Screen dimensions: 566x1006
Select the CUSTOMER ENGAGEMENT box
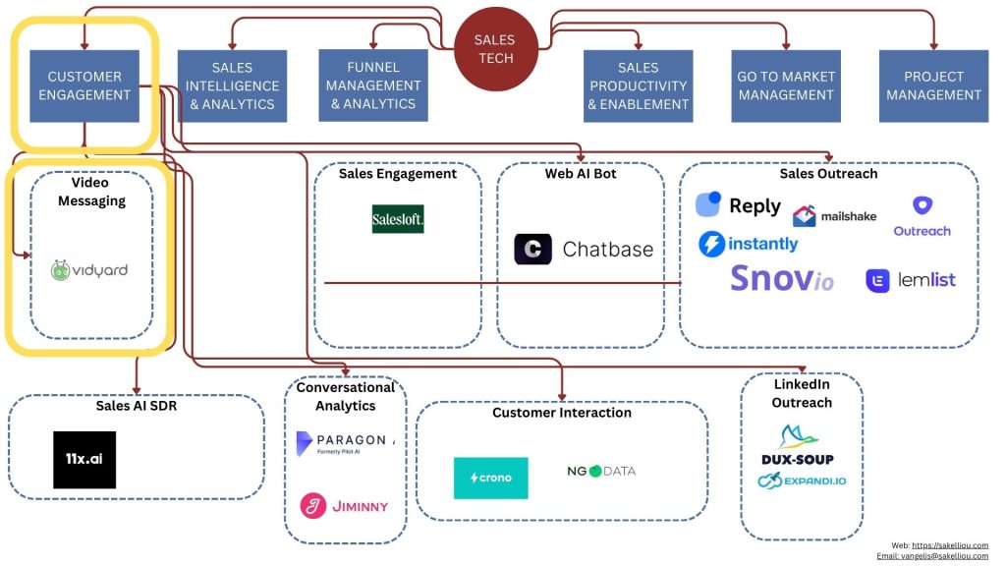(x=84, y=86)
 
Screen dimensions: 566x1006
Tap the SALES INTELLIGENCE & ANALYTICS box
(x=232, y=86)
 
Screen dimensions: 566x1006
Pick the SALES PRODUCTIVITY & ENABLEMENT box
(x=638, y=86)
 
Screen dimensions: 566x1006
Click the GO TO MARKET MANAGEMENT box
(x=786, y=86)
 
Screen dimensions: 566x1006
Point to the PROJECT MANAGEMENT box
(x=933, y=86)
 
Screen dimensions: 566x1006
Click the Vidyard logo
(x=89, y=270)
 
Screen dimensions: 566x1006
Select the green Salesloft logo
(x=398, y=218)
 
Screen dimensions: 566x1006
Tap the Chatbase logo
(x=584, y=250)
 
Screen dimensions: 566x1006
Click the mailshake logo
(x=834, y=216)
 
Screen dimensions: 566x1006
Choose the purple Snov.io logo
(x=782, y=278)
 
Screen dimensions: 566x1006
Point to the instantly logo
(x=749, y=244)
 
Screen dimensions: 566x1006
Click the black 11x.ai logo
(x=84, y=460)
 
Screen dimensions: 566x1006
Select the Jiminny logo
(x=344, y=506)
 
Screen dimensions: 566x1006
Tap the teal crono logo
(x=490, y=478)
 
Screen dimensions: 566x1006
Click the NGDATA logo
(x=601, y=471)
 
